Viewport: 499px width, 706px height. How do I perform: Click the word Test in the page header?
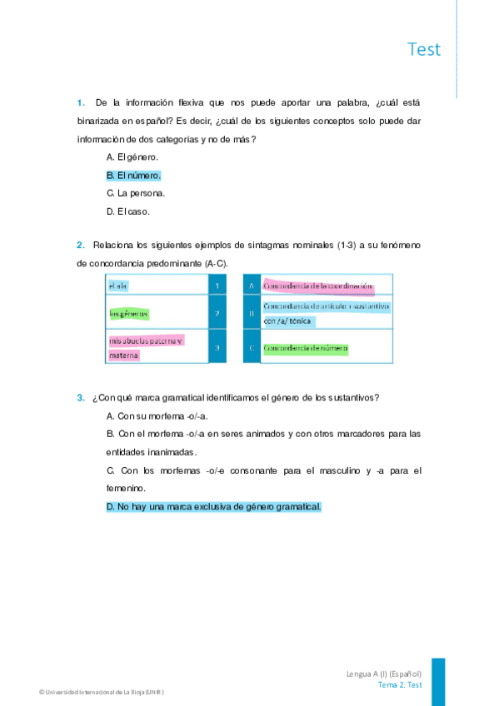pyautogui.click(x=424, y=49)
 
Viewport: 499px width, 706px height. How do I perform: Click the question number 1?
pyautogui.click(x=80, y=103)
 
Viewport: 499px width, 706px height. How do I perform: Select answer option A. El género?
pyautogui.click(x=132, y=157)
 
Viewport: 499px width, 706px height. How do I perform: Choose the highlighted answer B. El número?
pyautogui.click(x=133, y=176)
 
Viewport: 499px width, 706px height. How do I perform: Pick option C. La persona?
pyautogui.click(x=136, y=193)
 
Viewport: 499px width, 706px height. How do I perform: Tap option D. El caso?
pyautogui.click(x=128, y=211)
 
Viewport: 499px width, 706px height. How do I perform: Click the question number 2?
pyautogui.click(x=80, y=246)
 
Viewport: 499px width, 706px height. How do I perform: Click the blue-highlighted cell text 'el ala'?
pyautogui.click(x=118, y=286)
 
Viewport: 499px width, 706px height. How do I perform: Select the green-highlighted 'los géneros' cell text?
pyautogui.click(x=129, y=314)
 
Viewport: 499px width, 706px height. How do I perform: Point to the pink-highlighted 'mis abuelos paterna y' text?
pyautogui.click(x=146, y=341)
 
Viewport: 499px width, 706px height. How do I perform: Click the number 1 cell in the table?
pyautogui.click(x=217, y=286)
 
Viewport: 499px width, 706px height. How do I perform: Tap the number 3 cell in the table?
pyautogui.click(x=217, y=347)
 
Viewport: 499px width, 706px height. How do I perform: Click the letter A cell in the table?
pyautogui.click(x=251, y=286)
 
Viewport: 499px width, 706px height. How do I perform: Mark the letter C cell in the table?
pyautogui.click(x=251, y=347)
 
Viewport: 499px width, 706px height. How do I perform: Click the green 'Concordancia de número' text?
pyautogui.click(x=305, y=347)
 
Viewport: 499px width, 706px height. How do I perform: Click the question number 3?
pyautogui.click(x=80, y=397)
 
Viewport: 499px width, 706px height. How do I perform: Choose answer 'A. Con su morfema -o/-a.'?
pyautogui.click(x=157, y=415)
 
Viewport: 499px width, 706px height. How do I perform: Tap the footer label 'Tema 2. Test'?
pyautogui.click(x=400, y=685)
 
